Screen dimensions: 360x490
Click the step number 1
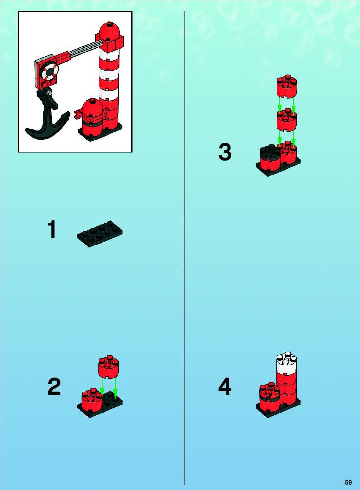tap(52, 229)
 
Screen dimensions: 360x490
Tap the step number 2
tap(54, 386)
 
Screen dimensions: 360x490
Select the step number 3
tap(225, 152)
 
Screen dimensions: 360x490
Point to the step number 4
tap(225, 386)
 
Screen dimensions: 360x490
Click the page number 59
tap(349, 482)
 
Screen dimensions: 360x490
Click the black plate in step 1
tap(100, 234)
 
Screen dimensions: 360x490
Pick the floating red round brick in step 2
tap(108, 367)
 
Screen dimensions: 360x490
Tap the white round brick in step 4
tap(286, 363)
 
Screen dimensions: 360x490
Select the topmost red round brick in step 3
tap(287, 86)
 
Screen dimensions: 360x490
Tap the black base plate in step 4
tap(278, 408)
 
